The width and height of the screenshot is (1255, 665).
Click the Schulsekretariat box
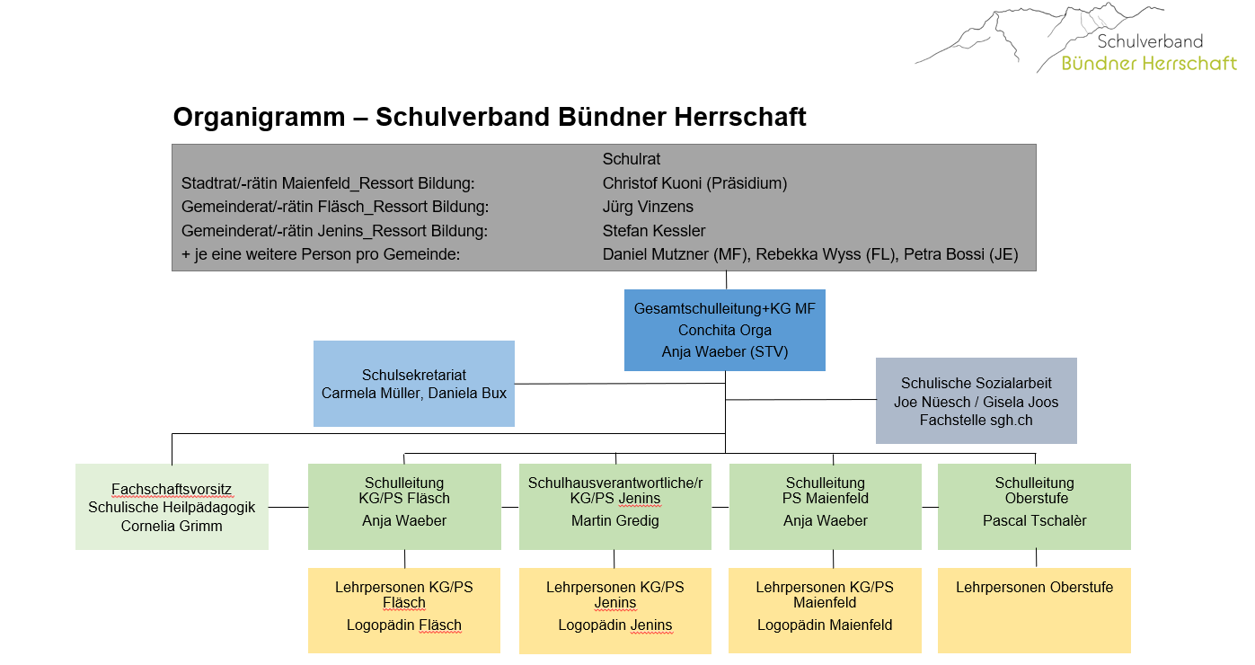[x=413, y=384]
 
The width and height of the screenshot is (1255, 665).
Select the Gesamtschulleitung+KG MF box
[x=724, y=330]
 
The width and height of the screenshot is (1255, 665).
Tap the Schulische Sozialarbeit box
[x=976, y=401]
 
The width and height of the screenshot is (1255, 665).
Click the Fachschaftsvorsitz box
[x=172, y=507]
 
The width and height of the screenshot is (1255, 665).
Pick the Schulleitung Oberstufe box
[x=1034, y=507]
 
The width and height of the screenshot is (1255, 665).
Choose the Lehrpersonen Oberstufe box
[x=1034, y=611]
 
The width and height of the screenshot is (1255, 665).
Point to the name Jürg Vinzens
[x=648, y=208]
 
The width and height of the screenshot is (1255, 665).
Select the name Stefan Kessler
[x=654, y=231]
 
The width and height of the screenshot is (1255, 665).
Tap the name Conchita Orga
[x=724, y=331]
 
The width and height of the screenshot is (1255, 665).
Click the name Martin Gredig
[x=614, y=521]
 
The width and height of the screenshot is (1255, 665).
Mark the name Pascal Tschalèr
[x=1034, y=521]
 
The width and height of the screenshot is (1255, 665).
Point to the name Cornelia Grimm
[x=172, y=526]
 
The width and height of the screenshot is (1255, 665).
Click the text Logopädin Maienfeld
[x=825, y=625]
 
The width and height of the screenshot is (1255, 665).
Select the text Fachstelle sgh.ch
[x=976, y=421]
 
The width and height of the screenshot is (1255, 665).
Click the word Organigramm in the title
[x=259, y=118]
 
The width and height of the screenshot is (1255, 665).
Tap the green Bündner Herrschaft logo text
[x=1149, y=63]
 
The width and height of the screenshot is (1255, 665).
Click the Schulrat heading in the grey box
[x=632, y=159]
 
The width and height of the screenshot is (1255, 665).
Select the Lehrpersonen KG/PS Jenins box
[x=615, y=611]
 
